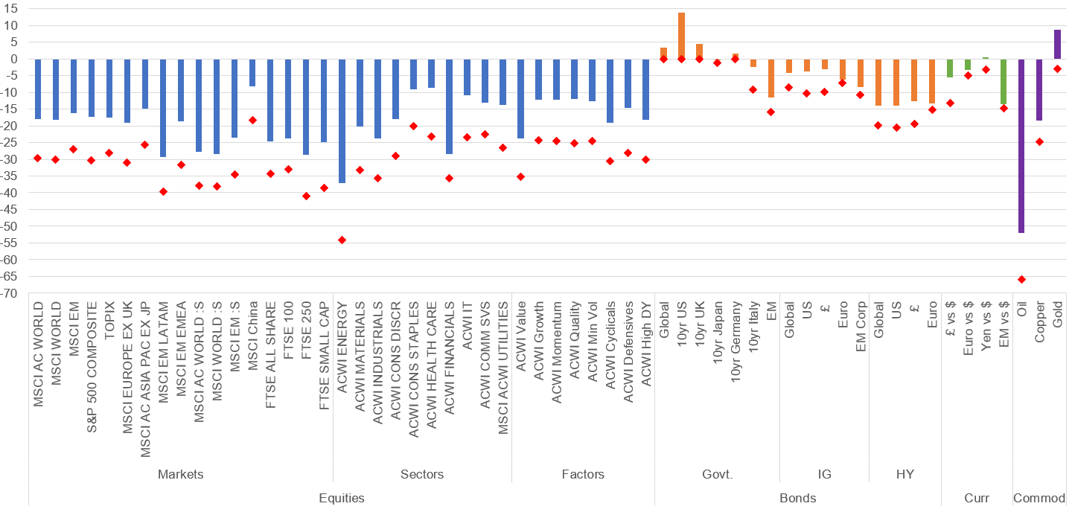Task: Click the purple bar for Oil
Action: [1021, 146]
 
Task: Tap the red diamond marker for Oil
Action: [1021, 279]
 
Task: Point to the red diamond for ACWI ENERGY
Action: [342, 240]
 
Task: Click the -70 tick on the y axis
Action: [12, 293]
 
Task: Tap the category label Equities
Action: [341, 498]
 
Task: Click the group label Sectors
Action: [422, 474]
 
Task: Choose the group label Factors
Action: [583, 474]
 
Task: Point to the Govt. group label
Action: [718, 474]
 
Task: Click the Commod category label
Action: [1039, 498]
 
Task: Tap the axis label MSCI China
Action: [252, 330]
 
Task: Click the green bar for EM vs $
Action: [1004, 82]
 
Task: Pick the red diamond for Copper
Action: [1039, 141]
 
